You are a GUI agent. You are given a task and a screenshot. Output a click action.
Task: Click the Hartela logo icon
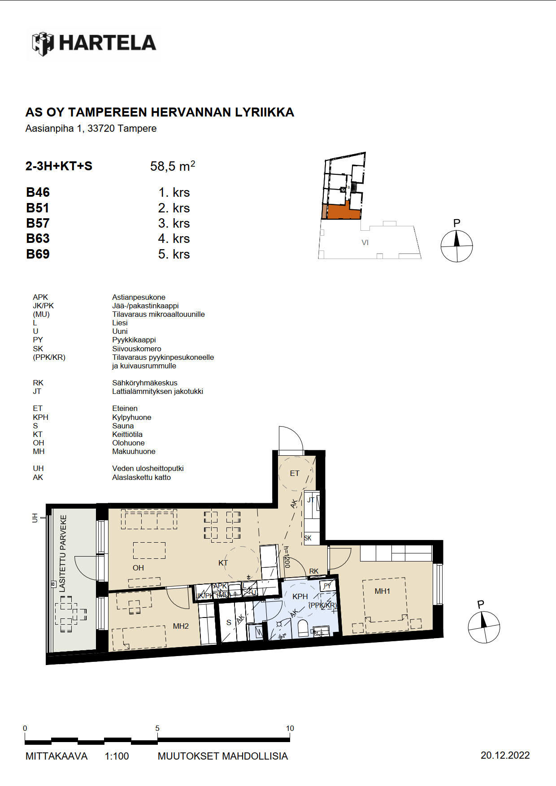point(43,43)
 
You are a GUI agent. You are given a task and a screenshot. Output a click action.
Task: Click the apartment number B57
point(38,223)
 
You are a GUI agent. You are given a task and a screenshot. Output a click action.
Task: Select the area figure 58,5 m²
point(173,166)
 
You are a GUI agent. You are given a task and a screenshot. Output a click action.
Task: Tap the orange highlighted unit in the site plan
point(344,212)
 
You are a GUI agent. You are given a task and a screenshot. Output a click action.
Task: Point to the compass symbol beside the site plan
point(456,246)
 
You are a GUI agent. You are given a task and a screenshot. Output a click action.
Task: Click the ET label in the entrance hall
point(295,473)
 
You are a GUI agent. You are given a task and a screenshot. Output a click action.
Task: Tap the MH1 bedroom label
point(382,591)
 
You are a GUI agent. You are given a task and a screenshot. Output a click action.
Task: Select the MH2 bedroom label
point(181,626)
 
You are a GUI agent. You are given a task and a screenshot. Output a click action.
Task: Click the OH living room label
point(138,568)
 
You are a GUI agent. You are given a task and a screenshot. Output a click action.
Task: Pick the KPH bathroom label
point(300,596)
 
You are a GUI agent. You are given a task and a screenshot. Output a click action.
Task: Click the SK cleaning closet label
point(308,538)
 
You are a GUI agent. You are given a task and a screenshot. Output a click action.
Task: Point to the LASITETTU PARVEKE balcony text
point(63,553)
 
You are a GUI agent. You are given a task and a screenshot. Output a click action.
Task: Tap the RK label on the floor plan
point(314,571)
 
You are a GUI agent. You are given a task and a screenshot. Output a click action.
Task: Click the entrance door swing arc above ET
point(296,432)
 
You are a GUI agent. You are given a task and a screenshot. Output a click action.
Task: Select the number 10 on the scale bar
point(290,728)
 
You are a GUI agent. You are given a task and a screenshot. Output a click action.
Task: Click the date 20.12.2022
point(505,756)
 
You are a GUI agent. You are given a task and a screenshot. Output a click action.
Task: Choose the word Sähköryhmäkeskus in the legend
point(145,383)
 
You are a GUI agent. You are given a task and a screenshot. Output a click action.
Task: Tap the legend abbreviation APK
point(40,297)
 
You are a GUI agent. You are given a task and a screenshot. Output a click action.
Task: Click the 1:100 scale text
point(117,756)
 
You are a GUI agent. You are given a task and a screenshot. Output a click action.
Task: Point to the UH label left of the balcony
point(35,518)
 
